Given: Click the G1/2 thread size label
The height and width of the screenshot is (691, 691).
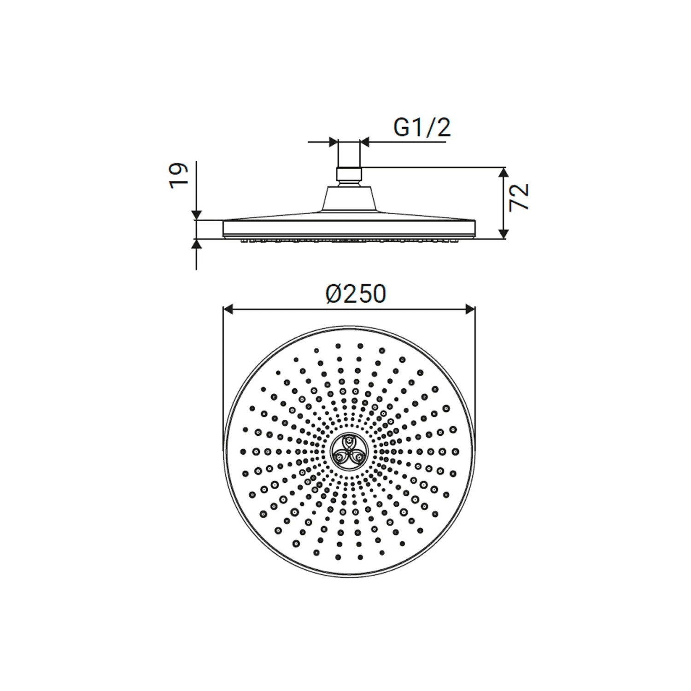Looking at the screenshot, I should tap(422, 128).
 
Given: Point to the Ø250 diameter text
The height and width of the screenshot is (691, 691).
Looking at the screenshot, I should tap(355, 293).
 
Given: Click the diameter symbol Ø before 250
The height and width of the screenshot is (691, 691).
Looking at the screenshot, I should tap(334, 294).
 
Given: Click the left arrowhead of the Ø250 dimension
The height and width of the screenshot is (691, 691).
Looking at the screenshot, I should tap(228, 310).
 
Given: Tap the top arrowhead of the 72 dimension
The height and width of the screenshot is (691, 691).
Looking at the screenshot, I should tap(504, 172).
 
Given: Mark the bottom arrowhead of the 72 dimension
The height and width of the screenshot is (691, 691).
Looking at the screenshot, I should tap(504, 234).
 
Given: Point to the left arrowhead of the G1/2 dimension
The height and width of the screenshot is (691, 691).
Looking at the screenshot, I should tap(333, 142).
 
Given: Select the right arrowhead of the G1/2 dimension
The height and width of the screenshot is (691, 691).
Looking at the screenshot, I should tap(365, 142).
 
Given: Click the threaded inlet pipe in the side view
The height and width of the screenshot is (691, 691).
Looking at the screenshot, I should tap(349, 154).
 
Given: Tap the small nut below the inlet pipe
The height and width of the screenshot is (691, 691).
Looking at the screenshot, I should tap(349, 175).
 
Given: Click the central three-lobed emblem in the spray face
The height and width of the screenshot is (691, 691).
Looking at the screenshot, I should tap(349, 451).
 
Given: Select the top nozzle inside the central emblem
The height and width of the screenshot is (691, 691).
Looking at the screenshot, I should tap(350, 443).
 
